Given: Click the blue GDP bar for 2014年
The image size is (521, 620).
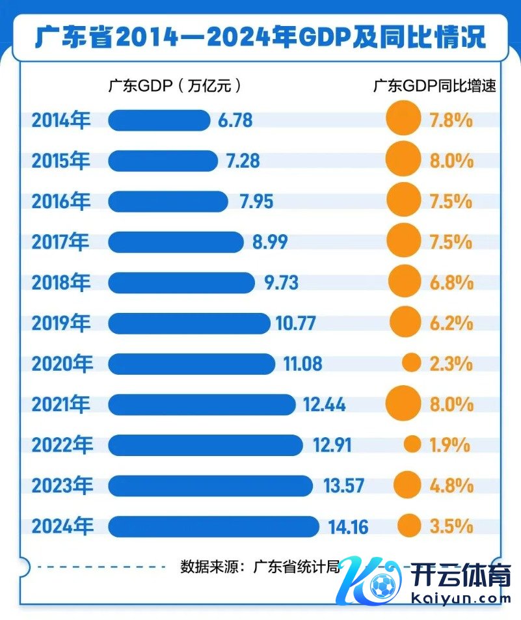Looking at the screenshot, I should point(159,120).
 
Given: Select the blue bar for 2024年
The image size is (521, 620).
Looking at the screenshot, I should point(213,526).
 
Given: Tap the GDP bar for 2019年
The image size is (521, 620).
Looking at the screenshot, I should point(189,323).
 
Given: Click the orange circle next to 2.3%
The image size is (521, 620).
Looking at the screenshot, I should point(411,363).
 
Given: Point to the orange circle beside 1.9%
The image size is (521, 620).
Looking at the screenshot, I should point(412,444).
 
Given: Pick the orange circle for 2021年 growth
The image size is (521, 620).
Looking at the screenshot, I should point(403,403).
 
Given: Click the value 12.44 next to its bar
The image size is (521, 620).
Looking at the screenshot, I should point(324,405).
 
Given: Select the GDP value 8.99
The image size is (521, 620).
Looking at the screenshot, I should point(270,242).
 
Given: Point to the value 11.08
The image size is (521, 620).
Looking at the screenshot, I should point(302,364).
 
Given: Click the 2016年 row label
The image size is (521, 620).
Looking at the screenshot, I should point(62,202).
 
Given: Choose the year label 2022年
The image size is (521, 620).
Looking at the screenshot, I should point(62,445).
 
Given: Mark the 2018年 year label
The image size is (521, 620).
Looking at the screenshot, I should point(62,283).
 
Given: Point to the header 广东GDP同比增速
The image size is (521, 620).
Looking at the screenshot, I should point(434,85).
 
